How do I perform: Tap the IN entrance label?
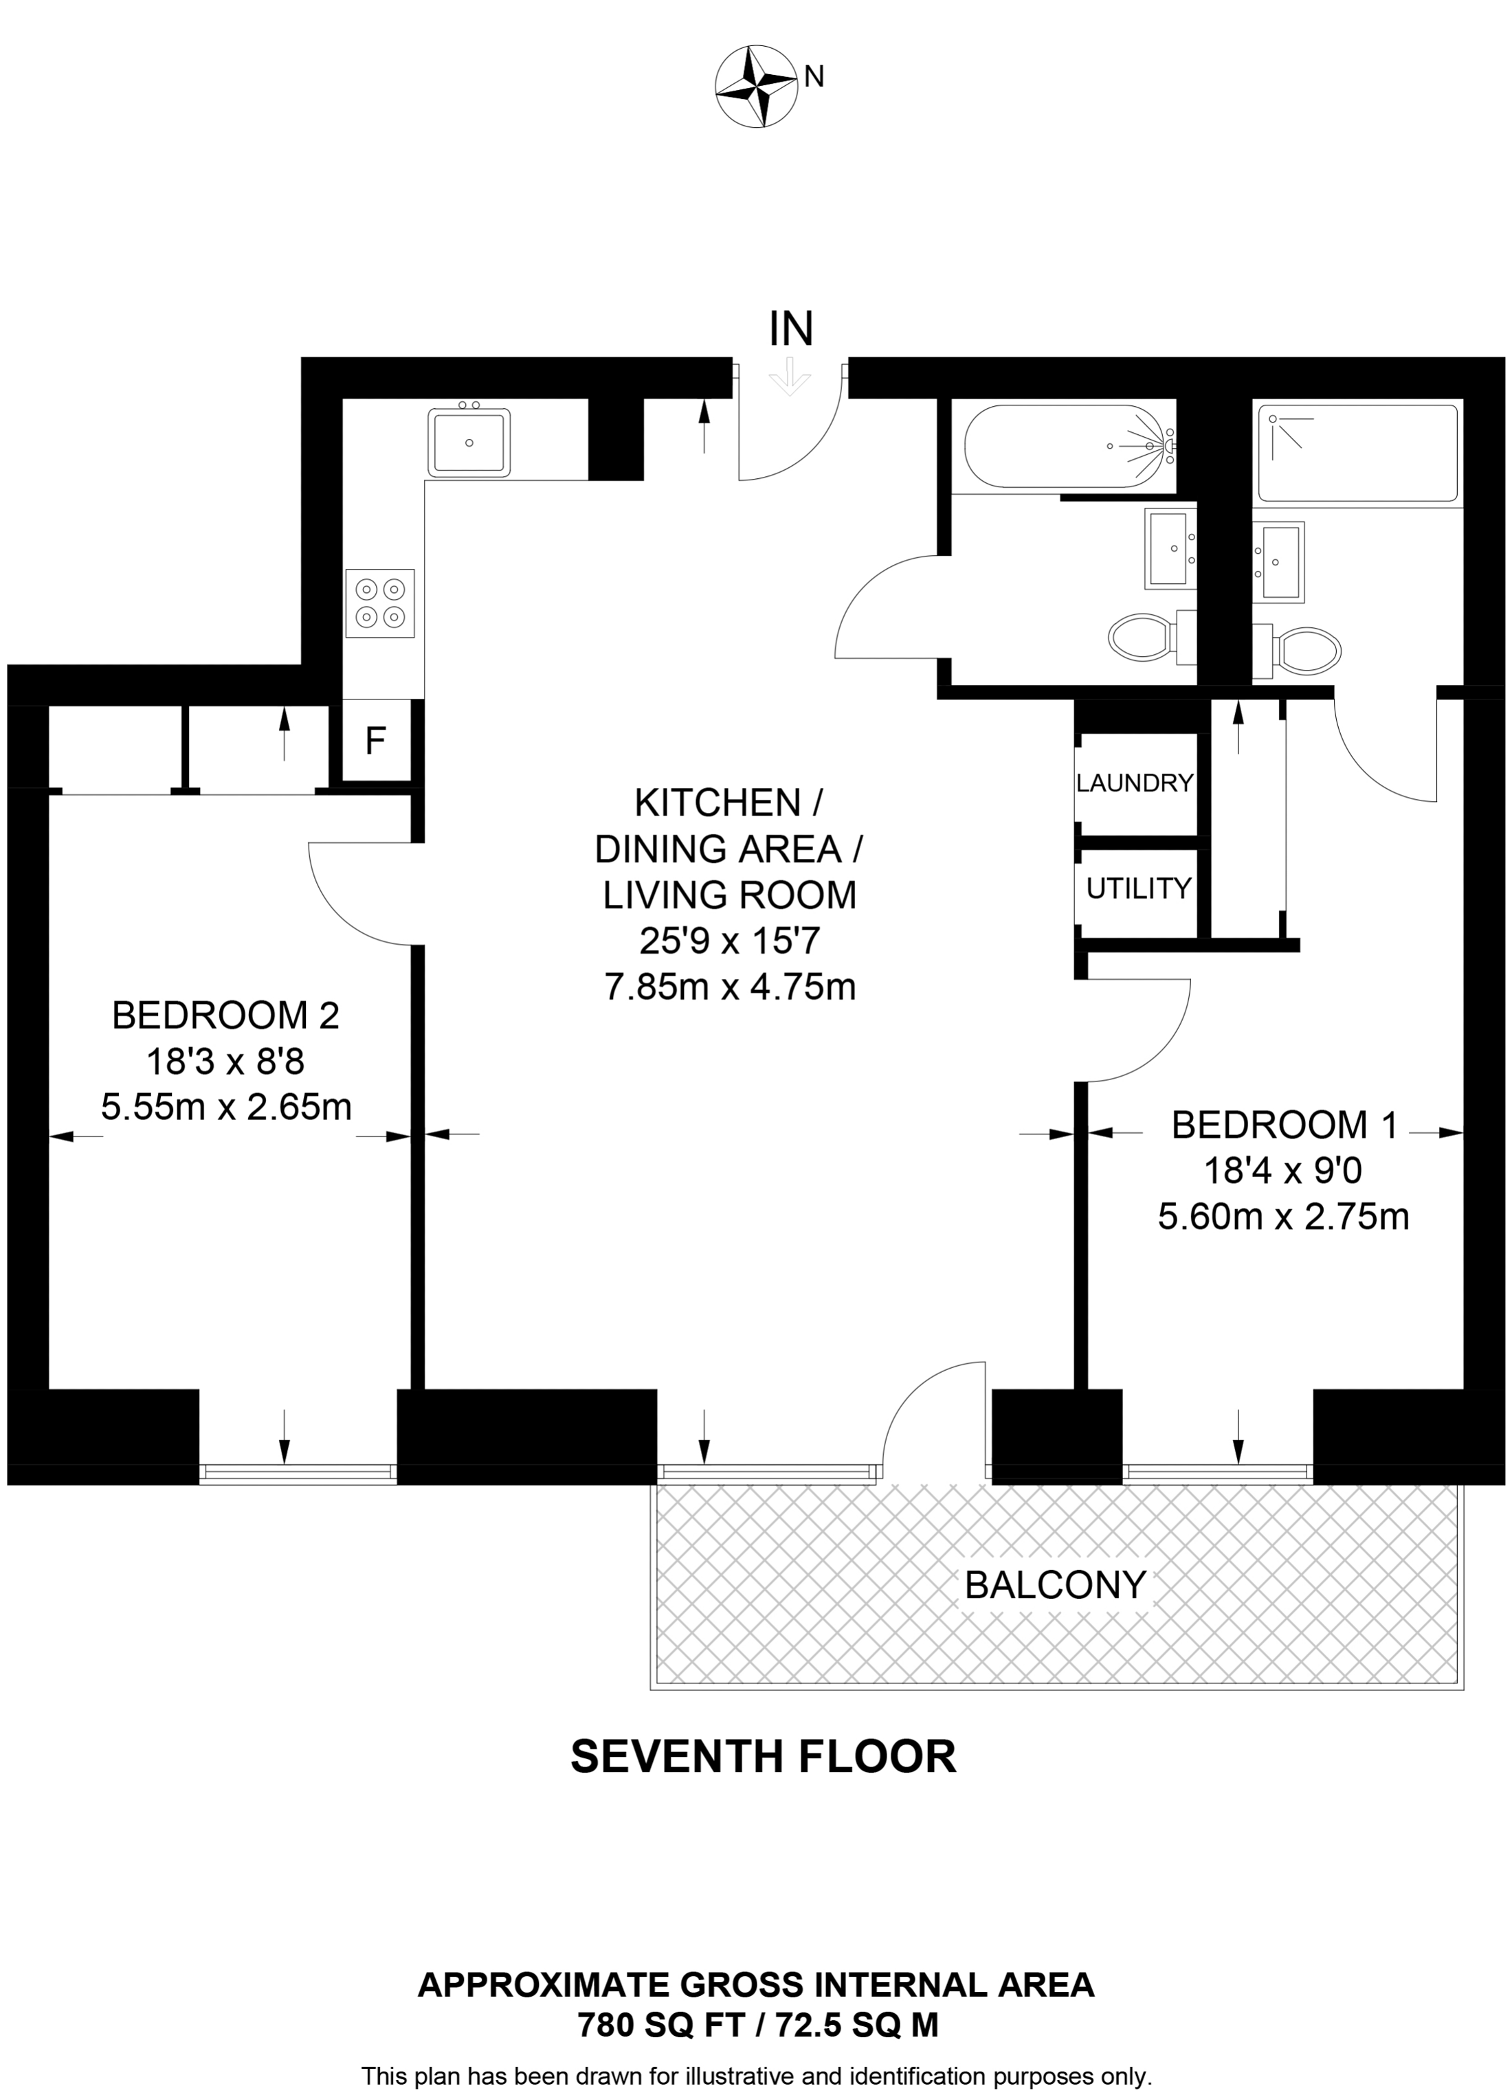click(792, 328)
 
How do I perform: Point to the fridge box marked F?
click(375, 741)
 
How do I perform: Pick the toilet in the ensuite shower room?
click(1298, 650)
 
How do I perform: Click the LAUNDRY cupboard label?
click(1135, 783)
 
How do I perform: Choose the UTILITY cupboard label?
click(1138, 888)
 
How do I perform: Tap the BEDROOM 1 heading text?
click(1285, 1125)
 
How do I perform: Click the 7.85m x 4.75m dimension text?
click(731, 987)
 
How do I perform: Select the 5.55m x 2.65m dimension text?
click(227, 1107)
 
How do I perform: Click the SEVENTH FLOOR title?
click(764, 1757)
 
